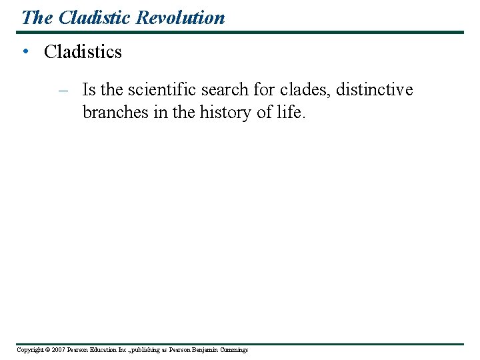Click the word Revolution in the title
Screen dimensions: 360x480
(x=181, y=17)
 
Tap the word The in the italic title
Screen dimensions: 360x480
(x=37, y=17)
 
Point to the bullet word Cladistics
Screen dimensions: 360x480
(x=83, y=52)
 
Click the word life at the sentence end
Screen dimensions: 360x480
(x=290, y=112)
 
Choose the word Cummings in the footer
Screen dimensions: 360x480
(x=233, y=350)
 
